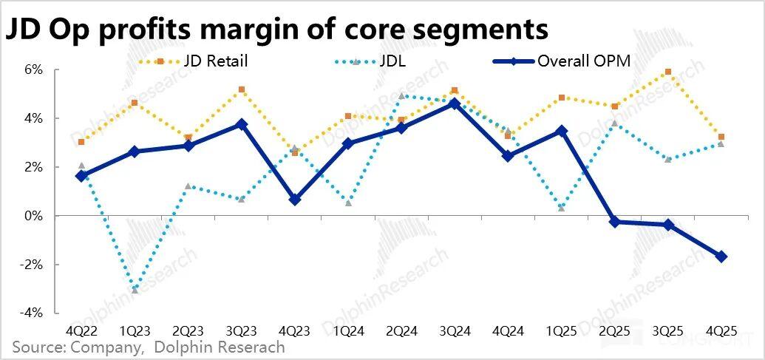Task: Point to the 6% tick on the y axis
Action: pyautogui.click(x=35, y=69)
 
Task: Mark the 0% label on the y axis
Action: pyautogui.click(x=35, y=216)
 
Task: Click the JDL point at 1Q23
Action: pyautogui.click(x=135, y=290)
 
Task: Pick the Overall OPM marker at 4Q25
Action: pyautogui.click(x=721, y=257)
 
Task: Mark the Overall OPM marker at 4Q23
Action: pyautogui.click(x=295, y=200)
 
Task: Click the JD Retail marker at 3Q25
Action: pyautogui.click(x=668, y=72)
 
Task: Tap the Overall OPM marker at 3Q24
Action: pyautogui.click(x=455, y=103)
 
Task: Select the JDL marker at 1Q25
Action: pyautogui.click(x=562, y=208)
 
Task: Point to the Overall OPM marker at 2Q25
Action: pyautogui.click(x=615, y=222)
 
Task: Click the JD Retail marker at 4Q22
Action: pyautogui.click(x=81, y=142)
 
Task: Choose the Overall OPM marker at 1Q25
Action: pyautogui.click(x=562, y=131)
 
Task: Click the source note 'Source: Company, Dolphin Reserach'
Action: pyautogui.click(x=148, y=347)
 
